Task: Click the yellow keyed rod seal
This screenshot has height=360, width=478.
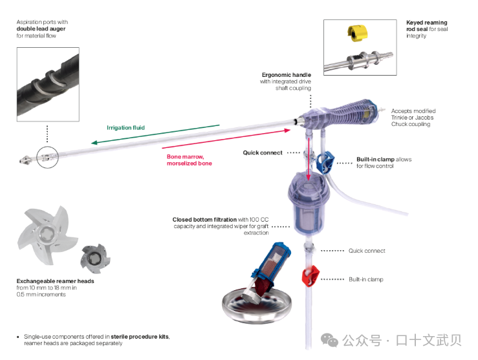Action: point(358,32)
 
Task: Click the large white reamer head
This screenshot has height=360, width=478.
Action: point(47,232)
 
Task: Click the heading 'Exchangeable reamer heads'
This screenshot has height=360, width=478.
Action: point(55,281)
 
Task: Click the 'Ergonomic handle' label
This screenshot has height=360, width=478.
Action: point(287,75)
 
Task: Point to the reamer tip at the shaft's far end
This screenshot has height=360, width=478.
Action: point(25,157)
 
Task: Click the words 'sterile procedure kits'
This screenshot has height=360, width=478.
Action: point(139,337)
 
